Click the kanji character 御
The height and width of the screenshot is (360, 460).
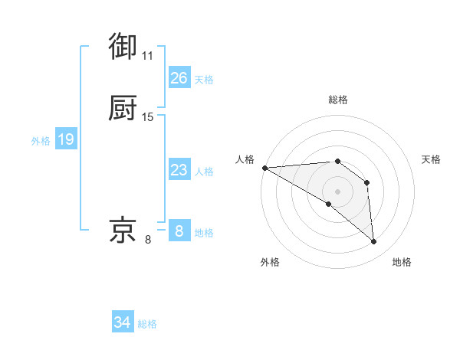click(123, 46)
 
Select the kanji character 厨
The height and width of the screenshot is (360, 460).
click(123, 109)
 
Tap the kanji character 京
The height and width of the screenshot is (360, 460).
click(123, 230)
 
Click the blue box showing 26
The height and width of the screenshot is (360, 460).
click(179, 77)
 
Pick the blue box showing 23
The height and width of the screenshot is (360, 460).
click(179, 170)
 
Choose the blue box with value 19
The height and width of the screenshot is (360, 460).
click(65, 139)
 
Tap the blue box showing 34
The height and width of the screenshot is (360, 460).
click(122, 322)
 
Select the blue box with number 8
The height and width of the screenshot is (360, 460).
click(179, 231)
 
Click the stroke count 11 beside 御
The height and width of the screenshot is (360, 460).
click(147, 55)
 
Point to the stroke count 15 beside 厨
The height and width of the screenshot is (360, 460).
click(148, 117)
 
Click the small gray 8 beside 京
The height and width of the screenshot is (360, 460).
click(148, 240)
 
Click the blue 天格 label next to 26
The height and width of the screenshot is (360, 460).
click(204, 79)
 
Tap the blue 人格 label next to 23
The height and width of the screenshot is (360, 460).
click(204, 172)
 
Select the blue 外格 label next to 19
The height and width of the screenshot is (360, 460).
click(41, 141)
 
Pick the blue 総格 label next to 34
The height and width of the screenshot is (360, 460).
click(147, 324)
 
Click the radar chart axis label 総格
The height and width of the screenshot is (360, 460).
click(337, 100)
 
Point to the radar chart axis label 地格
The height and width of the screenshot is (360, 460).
click(402, 262)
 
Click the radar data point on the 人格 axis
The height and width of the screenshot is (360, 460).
click(264, 168)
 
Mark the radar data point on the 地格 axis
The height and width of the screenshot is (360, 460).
click(374, 241)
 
